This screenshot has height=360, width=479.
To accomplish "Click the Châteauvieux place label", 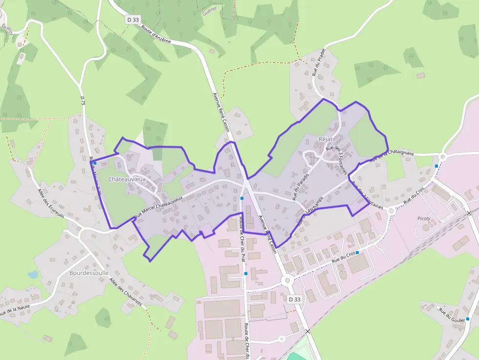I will (127, 179).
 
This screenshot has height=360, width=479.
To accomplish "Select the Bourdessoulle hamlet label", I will (88, 273).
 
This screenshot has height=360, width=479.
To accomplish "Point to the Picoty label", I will (424, 218).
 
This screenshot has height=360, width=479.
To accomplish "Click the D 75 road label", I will (83, 101).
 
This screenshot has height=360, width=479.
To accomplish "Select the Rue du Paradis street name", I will (301, 187).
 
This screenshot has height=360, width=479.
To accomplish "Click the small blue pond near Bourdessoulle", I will (33, 275).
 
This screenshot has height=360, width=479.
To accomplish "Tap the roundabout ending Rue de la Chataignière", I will (443, 157).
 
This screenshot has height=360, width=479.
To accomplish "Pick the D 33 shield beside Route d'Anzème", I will (132, 20).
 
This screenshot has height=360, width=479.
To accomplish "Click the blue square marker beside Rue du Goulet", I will (468, 319).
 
